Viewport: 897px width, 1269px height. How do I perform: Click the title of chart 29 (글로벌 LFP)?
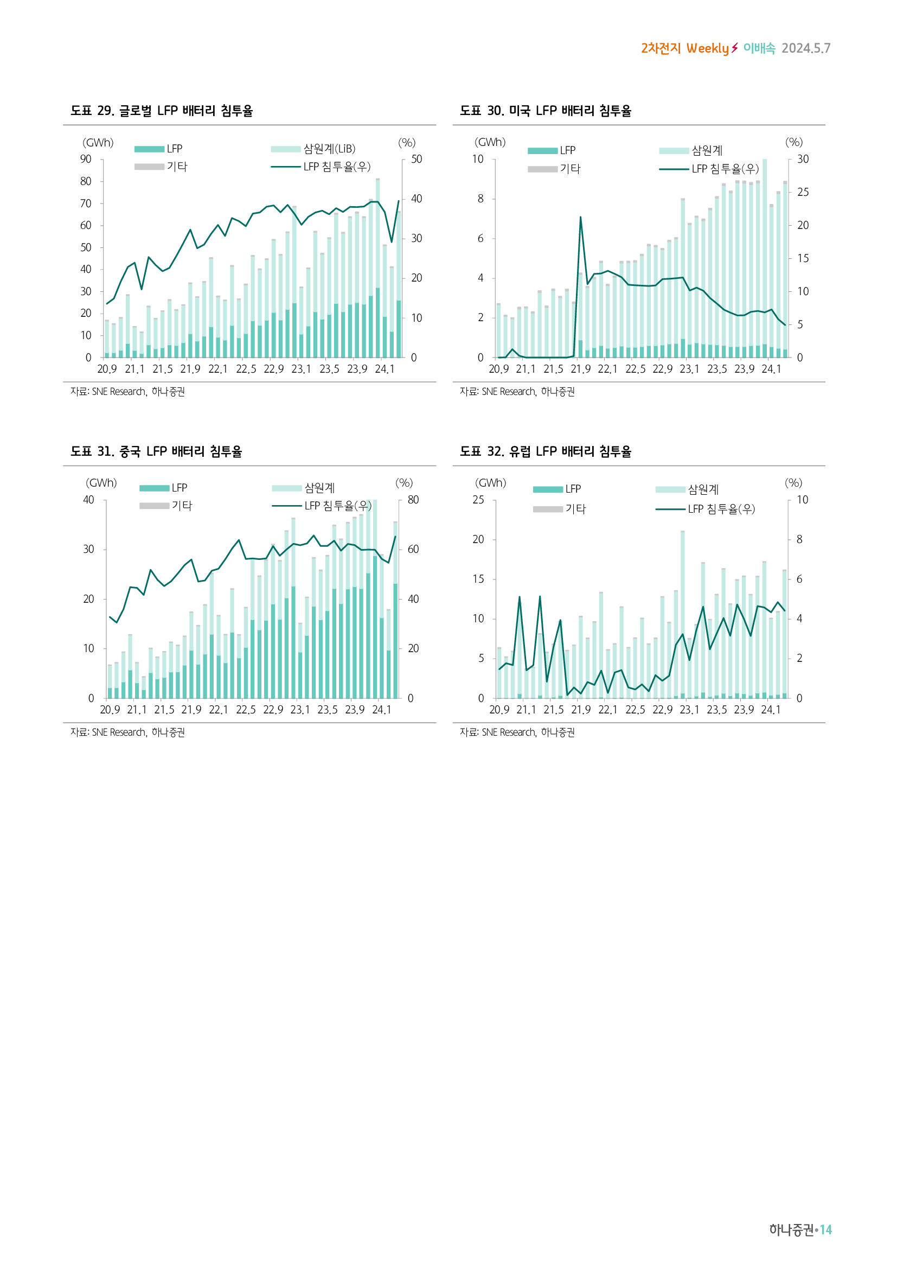pyautogui.click(x=161, y=111)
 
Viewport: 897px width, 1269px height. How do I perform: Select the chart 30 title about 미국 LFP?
pyautogui.click(x=545, y=111)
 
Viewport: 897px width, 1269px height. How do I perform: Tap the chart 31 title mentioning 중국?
pyautogui.click(x=156, y=451)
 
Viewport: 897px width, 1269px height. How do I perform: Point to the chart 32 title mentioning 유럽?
pyautogui.click(x=545, y=451)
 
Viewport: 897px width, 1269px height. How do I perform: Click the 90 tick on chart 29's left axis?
pyautogui.click(x=86, y=159)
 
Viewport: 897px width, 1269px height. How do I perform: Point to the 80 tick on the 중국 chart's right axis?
pyautogui.click(x=413, y=500)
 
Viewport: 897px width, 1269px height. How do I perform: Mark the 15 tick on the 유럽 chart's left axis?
pyautogui.click(x=478, y=579)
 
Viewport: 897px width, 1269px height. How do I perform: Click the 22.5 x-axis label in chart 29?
pyautogui.click(x=246, y=368)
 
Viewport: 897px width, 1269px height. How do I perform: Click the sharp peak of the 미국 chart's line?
pyautogui.click(x=580, y=217)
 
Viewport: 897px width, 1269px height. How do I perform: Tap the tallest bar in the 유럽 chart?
pyautogui.click(x=683, y=614)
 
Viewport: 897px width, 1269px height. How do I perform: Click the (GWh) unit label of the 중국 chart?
pyautogui.click(x=101, y=482)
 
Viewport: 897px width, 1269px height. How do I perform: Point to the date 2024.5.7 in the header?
pyautogui.click(x=806, y=48)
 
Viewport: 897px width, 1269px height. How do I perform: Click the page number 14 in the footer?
pyautogui.click(x=826, y=1230)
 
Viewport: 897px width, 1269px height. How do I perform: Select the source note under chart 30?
pyautogui.click(x=517, y=391)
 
